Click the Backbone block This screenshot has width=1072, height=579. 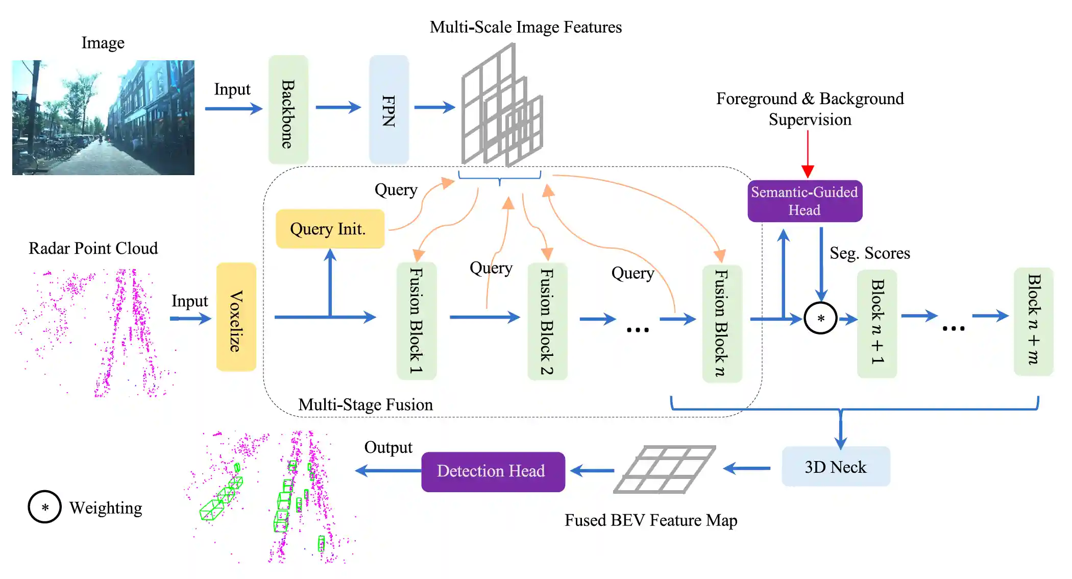click(288, 110)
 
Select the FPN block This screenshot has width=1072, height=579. click(388, 110)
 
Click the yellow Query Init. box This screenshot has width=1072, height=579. click(330, 229)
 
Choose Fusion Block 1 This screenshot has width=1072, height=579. click(417, 321)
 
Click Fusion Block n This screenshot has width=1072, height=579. click(721, 323)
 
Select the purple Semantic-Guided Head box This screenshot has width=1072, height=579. click(805, 201)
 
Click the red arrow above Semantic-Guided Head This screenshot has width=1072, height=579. click(808, 153)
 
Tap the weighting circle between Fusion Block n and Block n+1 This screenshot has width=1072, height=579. click(820, 318)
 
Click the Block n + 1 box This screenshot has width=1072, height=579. click(876, 324)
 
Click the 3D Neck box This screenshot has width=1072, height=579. click(836, 467)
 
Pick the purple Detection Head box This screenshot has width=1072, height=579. click(493, 471)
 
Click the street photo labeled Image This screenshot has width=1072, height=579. click(103, 117)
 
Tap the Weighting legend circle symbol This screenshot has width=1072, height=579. click(45, 507)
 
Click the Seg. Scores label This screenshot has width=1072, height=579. click(869, 253)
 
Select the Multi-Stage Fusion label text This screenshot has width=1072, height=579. click(366, 405)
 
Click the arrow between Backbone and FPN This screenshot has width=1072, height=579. click(337, 107)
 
